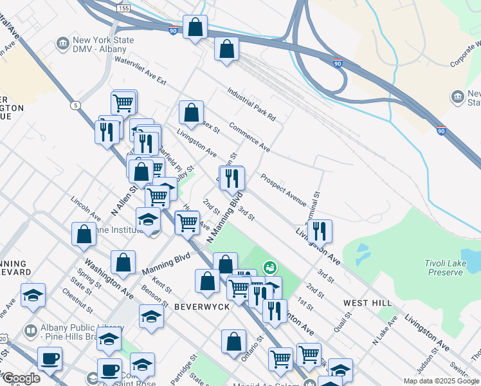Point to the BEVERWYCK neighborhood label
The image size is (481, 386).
(x=202, y=308)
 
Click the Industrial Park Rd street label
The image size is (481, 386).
(x=251, y=105)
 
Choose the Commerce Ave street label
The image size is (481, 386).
(x=249, y=136)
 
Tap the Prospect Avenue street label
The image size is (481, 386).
(x=283, y=189)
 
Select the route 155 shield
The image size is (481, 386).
(x=123, y=8)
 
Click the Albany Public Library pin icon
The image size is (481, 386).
(x=30, y=331)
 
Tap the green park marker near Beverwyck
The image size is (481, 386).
(x=270, y=266)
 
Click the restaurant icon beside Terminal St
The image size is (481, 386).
(x=320, y=230)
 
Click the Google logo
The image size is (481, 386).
(x=21, y=378)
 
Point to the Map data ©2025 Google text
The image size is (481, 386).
(x=440, y=381)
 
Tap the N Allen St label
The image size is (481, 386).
(x=125, y=199)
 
